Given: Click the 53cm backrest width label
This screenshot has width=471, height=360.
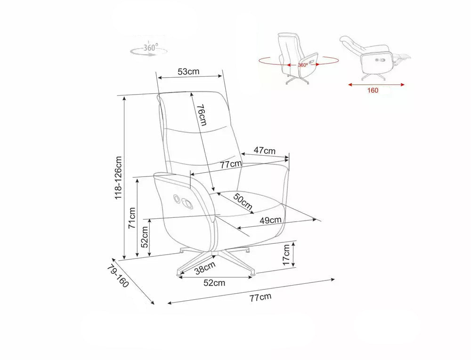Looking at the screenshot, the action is (x=188, y=72).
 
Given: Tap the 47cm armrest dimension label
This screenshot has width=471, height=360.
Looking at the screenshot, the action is (x=264, y=150).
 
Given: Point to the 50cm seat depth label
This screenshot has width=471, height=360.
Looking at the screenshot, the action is (x=243, y=201).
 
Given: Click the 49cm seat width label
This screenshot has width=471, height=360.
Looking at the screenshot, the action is (x=271, y=220).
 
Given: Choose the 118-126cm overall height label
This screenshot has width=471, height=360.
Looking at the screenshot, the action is (x=119, y=177).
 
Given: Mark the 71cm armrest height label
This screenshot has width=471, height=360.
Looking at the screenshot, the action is (x=132, y=218).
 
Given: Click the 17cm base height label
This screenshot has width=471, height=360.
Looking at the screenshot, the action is (x=286, y=255).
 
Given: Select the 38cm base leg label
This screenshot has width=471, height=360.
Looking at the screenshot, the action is (x=205, y=268).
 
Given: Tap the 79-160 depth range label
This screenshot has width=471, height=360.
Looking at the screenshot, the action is (x=118, y=276).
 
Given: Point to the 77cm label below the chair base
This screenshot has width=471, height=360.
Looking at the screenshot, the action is (x=260, y=297).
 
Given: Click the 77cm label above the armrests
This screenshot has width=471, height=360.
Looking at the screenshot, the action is (x=231, y=164).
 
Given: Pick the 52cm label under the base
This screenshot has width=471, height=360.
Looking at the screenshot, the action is (x=214, y=283).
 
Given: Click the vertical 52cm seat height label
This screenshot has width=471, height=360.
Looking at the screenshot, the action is (x=145, y=237).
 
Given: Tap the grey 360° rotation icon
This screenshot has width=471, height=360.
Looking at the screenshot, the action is (x=149, y=49).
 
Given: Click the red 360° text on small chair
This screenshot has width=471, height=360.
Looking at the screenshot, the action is (x=303, y=65).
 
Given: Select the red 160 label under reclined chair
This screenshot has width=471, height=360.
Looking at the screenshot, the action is (x=373, y=90).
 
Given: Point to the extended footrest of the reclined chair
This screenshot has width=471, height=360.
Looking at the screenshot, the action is (x=402, y=57).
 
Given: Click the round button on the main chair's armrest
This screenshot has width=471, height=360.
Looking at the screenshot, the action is (x=176, y=198).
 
